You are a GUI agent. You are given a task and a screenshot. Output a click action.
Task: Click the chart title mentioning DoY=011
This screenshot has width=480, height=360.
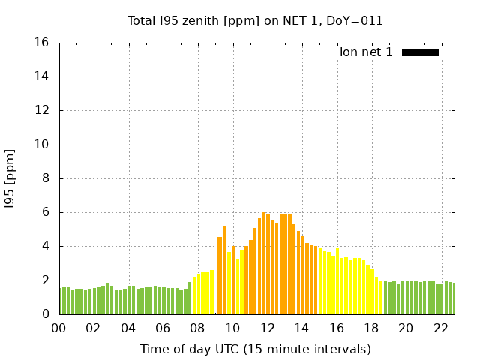coord(255,20)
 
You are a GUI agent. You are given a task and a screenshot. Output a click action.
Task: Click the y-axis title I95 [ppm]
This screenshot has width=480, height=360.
coord(10,179)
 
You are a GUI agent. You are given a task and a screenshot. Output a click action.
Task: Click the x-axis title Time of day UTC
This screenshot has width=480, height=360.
coord(255,349)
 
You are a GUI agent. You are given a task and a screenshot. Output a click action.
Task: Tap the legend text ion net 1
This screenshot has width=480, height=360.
coord(366,52)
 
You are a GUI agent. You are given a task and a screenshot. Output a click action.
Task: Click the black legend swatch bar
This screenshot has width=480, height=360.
coord(420,52)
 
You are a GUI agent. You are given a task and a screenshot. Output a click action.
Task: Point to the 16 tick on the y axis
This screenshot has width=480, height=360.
coord(43,43)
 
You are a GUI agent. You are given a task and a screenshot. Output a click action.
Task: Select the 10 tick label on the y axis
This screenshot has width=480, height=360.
coord(43,145)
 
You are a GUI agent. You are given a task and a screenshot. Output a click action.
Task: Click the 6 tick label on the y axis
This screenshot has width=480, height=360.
coord(46,212)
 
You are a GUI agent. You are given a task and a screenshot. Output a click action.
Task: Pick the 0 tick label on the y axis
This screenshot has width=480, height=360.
coord(46,314)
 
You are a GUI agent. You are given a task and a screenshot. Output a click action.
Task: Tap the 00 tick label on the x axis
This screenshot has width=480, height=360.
coord(58,328)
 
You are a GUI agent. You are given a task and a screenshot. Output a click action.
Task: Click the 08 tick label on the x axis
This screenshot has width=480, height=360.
coord(197,328)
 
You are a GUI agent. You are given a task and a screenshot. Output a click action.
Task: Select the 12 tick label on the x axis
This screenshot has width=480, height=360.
coord(267,328)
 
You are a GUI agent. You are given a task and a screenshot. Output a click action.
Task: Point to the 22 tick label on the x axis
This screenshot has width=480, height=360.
coord(440,328)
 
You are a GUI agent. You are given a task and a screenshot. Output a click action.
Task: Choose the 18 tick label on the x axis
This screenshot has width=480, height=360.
coord(370,328)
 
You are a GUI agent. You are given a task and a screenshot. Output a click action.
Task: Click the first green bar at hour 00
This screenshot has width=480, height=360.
coord(61,301)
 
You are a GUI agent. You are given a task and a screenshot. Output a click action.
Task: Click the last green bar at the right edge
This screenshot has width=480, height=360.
coord(451,298)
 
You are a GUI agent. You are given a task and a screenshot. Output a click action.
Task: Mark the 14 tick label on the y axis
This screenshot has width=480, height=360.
coord(43,76)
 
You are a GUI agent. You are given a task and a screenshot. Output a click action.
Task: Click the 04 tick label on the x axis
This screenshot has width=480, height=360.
coord(128,328)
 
